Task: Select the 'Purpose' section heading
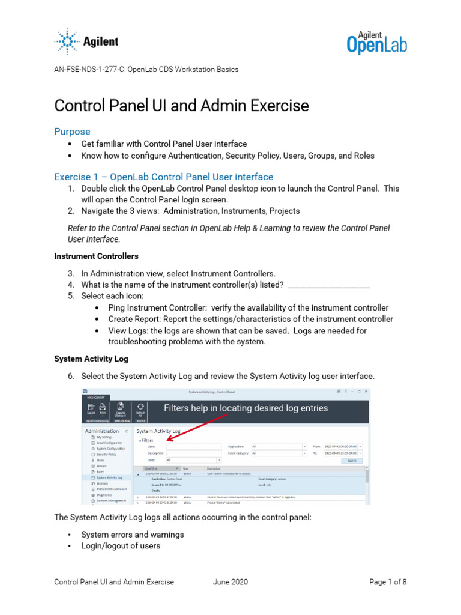click(72, 132)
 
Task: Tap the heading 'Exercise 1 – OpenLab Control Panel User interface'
click(163, 177)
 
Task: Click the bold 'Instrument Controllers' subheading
click(96, 256)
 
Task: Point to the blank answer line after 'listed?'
click(328, 285)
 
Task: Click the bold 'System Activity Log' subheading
click(91, 359)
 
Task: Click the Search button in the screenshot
click(351, 461)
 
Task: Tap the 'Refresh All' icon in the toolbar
click(140, 410)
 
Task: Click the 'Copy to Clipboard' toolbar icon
click(121, 410)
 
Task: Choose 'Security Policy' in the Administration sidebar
click(102, 455)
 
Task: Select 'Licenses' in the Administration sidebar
click(96, 483)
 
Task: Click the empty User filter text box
click(194, 446)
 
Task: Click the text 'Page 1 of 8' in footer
click(388, 582)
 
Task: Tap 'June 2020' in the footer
click(230, 582)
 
